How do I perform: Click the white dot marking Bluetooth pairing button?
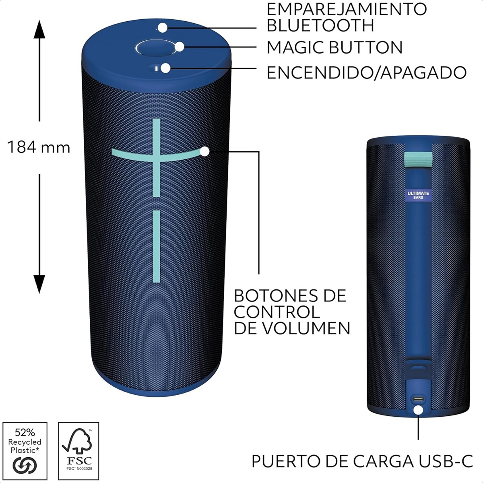tap(163, 28)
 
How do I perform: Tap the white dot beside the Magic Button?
tap(180, 47)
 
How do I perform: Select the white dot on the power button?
tap(166, 68)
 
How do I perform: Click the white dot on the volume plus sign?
tap(205, 152)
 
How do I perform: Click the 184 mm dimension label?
tap(39, 147)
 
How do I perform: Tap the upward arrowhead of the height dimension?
tap(39, 29)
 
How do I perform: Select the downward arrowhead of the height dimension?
tap(39, 284)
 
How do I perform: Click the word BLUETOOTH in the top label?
tap(320, 25)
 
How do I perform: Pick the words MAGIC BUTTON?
tap(334, 47)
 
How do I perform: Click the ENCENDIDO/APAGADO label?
tap(367, 73)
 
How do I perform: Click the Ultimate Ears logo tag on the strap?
tap(418, 196)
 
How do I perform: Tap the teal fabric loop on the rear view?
tap(418, 159)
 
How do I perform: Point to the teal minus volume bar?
tap(157, 246)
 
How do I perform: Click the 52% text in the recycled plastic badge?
tap(25, 432)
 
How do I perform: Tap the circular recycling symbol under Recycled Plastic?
tap(25, 465)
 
